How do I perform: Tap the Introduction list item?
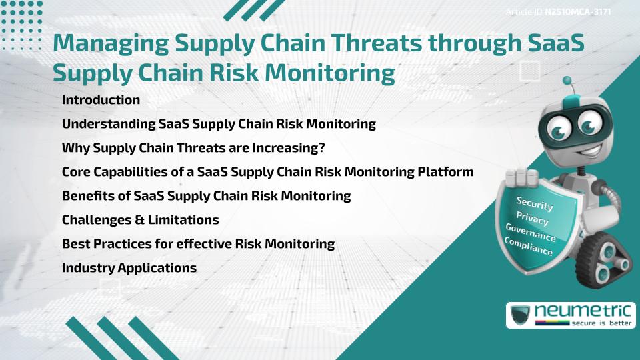(x=101, y=100)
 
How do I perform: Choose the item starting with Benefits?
(x=206, y=196)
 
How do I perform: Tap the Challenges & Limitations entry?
(x=140, y=220)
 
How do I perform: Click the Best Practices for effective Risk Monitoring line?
(x=198, y=244)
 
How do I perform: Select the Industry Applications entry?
(x=129, y=268)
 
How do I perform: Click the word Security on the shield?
(x=535, y=204)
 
